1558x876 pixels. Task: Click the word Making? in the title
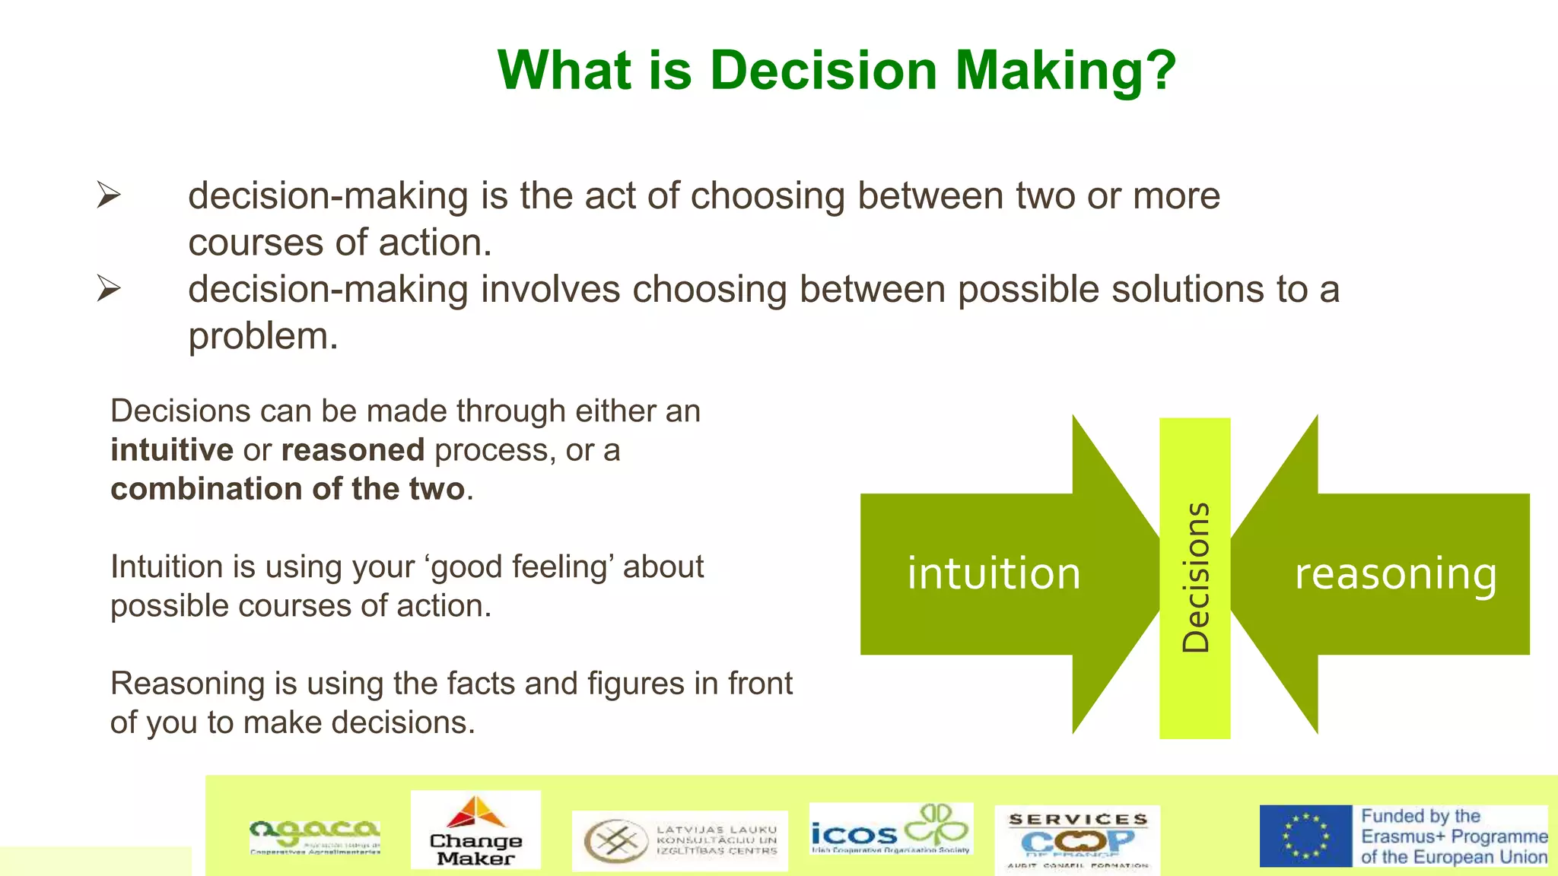point(1065,71)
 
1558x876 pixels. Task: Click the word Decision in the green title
point(823,71)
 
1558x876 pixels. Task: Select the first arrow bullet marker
point(109,195)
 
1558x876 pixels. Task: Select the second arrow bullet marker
point(109,289)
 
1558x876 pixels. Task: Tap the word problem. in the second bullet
point(262,336)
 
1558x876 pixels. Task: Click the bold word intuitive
point(172,450)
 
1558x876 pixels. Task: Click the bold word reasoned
point(352,450)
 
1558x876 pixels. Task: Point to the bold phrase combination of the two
point(288,489)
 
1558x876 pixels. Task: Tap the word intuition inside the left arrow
point(994,573)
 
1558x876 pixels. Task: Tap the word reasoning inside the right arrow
point(1396,573)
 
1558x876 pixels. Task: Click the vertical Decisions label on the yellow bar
point(1195,577)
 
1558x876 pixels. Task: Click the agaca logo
point(315,836)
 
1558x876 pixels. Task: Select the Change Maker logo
point(476,830)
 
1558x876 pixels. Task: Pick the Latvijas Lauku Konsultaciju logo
point(679,840)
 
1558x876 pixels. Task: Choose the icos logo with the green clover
point(890,830)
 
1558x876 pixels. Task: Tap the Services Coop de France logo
point(1077,839)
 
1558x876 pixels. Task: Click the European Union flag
point(1305,836)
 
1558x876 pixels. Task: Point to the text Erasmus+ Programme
point(1454,836)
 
